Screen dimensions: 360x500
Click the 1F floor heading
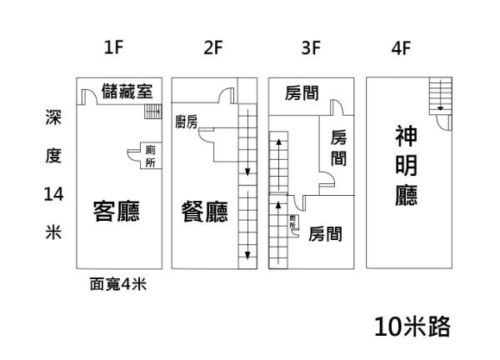coord(114,47)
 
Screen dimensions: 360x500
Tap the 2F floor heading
coord(212,47)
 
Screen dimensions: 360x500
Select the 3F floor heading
coord(311,47)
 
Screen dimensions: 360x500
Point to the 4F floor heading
coord(402,47)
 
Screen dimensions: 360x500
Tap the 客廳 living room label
coord(116,211)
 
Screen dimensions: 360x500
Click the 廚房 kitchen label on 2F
coord(187,122)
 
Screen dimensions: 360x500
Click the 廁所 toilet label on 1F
coord(150,157)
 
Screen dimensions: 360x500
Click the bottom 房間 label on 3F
coord(325,234)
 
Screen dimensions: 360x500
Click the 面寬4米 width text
coord(117,283)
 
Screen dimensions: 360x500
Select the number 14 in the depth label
coord(52,194)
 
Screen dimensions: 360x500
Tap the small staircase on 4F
coord(438,95)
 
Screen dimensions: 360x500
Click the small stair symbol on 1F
coord(152,112)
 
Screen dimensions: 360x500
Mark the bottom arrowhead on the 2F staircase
coord(247,253)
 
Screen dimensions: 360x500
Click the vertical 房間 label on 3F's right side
coord(338,147)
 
